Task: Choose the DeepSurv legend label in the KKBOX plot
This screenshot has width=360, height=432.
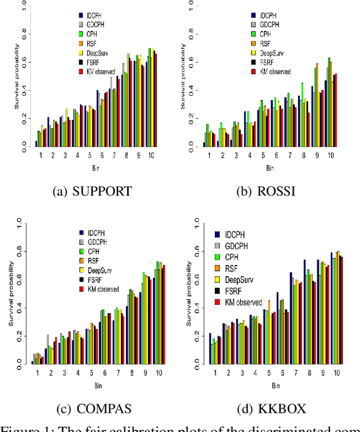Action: pos(244,280)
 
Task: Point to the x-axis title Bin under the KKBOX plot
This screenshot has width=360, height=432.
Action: pos(276,385)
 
